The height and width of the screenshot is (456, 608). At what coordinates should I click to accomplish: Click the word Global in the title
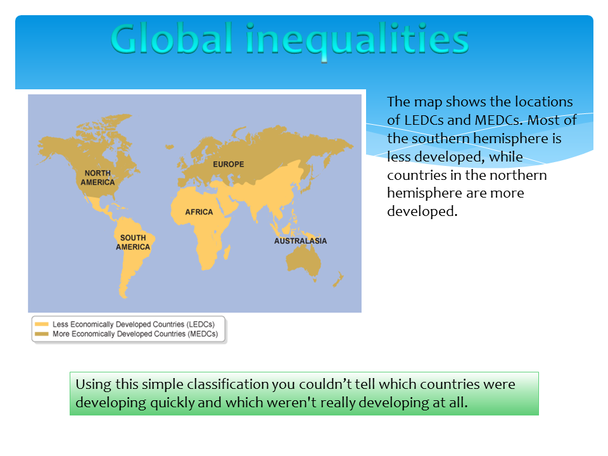(172, 39)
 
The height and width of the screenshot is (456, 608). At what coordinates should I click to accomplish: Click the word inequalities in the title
(357, 41)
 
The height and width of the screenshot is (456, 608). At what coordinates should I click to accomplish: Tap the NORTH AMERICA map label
(98, 177)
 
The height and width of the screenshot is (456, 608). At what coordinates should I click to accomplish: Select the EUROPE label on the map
(229, 165)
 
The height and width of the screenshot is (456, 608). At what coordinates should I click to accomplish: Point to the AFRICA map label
(199, 212)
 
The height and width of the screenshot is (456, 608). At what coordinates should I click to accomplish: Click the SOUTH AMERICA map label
(133, 243)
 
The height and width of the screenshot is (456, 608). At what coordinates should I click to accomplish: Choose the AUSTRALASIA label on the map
(300, 241)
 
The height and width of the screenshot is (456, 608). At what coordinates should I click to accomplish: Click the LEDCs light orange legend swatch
(42, 324)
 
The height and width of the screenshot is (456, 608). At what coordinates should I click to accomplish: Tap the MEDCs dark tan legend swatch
(42, 334)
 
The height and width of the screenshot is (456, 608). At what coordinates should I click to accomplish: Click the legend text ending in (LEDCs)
(134, 324)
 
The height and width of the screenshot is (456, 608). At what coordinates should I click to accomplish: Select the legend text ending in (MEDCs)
(136, 334)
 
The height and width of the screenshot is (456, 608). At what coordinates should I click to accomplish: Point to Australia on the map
(303, 260)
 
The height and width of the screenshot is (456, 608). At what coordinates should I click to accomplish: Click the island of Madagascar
(227, 253)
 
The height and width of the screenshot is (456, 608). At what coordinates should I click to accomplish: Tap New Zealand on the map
(338, 279)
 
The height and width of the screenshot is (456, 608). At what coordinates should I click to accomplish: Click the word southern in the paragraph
(440, 139)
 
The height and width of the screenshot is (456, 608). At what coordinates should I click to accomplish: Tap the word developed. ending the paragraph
(422, 212)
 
